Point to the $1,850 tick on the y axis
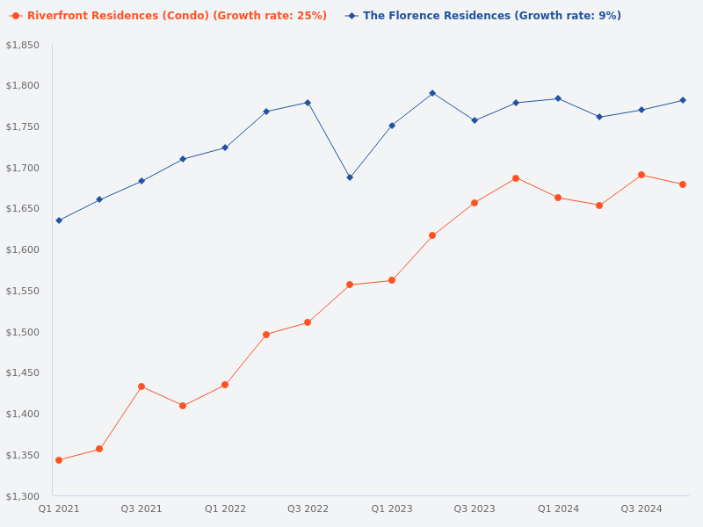pos(23,45)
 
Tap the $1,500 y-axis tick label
pos(23,332)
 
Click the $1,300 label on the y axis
pos(23,496)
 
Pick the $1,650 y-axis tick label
pos(23,209)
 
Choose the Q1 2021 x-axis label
pos(59,509)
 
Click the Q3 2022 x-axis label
pos(308,509)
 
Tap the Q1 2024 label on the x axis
pos(558,509)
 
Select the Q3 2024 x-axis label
pos(641,509)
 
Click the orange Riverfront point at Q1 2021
pos(59,460)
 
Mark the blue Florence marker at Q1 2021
pos(59,220)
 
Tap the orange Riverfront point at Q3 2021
pos(141,386)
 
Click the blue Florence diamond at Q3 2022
pos(308,103)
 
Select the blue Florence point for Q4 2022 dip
pos(350,177)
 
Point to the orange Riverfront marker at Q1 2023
pos(392,280)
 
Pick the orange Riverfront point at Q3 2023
pos(475,203)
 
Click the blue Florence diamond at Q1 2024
pos(558,98)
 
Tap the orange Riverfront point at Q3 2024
pos(641,175)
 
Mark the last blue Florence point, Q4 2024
pos(683,100)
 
